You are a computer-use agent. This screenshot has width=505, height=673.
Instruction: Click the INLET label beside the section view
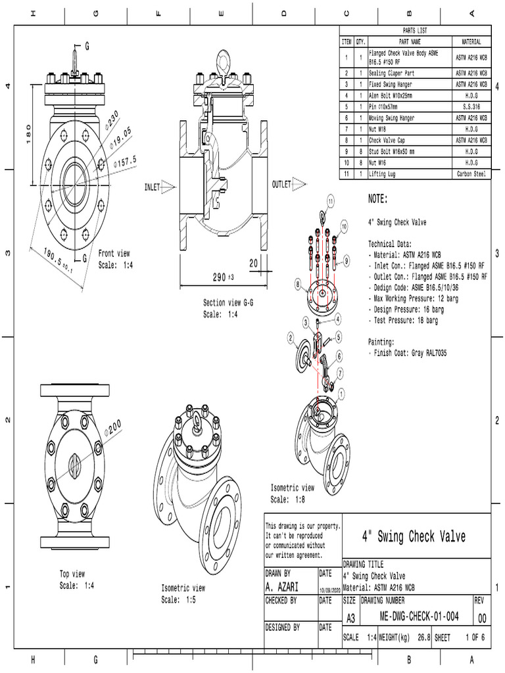152,187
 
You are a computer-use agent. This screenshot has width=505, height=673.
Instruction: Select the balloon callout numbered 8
298,285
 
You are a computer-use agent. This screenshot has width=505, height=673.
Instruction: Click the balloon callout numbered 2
290,337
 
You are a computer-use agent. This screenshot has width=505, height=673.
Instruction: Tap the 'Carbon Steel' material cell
471,174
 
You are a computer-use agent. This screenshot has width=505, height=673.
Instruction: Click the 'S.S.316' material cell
471,106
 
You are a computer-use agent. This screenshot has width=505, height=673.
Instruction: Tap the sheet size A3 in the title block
350,618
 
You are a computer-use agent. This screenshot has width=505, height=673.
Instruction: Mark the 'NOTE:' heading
378,199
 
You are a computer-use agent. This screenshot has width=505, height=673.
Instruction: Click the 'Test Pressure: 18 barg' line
402,321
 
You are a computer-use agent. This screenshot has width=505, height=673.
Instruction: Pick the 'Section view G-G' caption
231,304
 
